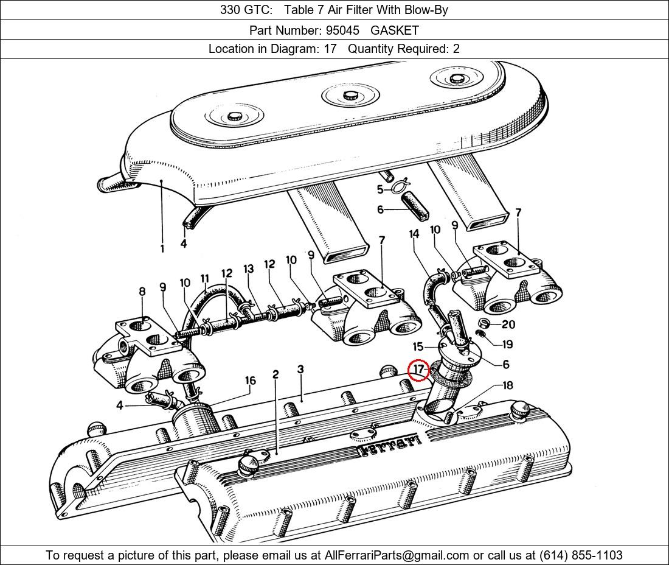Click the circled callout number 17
point(418,370)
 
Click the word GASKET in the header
point(395,30)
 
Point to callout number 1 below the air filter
point(162,248)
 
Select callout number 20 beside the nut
point(508,325)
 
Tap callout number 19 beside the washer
point(507,344)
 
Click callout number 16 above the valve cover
point(250,381)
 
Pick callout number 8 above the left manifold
point(142,292)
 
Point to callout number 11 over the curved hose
point(204,279)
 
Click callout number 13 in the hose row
point(248,269)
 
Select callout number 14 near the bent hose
point(414,234)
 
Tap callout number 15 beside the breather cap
point(418,347)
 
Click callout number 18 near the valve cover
point(507,385)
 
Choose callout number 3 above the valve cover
point(300,370)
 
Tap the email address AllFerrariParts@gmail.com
point(397,555)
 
